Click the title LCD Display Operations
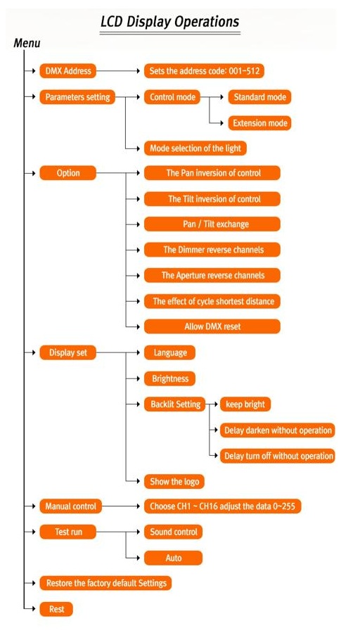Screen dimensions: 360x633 pyautogui.click(x=170, y=22)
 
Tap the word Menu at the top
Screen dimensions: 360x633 pyautogui.click(x=27, y=43)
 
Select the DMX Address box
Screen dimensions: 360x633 pyautogui.click(x=67, y=72)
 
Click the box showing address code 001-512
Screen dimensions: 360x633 pyautogui.click(x=204, y=72)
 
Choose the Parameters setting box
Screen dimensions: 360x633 pyautogui.click(x=77, y=97)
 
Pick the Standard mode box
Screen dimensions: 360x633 pyautogui.click(x=259, y=97)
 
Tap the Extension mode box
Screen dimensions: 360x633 pyautogui.click(x=259, y=122)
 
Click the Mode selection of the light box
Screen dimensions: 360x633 pyautogui.click(x=195, y=148)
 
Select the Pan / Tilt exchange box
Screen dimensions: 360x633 pyautogui.click(x=212, y=224)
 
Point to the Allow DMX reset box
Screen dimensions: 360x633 pyautogui.click(x=212, y=326)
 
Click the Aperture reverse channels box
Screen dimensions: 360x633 pyautogui.click(x=212, y=275)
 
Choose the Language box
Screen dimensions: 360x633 pyautogui.click(x=169, y=352)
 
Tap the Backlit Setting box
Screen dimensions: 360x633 pyautogui.click(x=175, y=404)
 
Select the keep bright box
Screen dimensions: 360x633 pyautogui.click(x=245, y=404)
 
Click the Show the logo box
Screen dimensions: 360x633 pyautogui.click(x=174, y=481)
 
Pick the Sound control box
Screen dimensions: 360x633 pyautogui.click(x=173, y=532)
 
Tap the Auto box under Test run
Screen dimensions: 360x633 pyautogui.click(x=173, y=558)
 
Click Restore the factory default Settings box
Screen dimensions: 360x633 pyautogui.click(x=105, y=583)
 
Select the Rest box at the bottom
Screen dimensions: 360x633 pyautogui.click(x=56, y=609)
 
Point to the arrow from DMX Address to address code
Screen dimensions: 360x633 pyautogui.click(x=118, y=72)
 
